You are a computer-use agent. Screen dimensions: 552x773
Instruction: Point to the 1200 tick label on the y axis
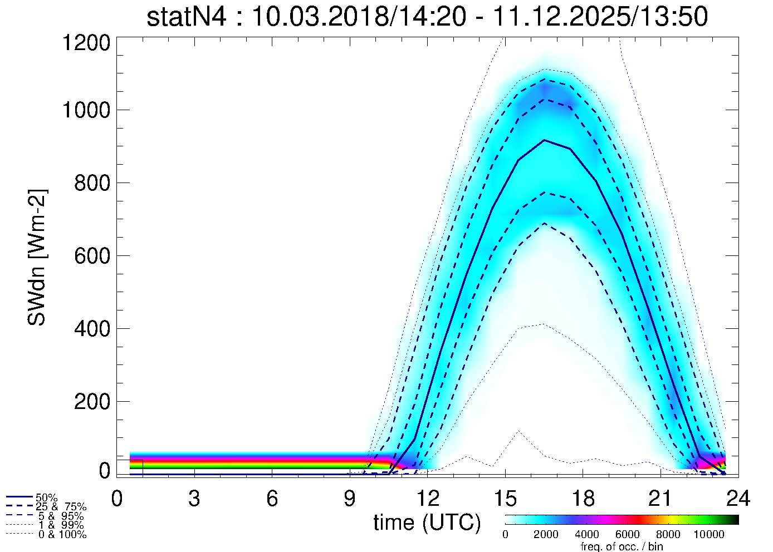86,43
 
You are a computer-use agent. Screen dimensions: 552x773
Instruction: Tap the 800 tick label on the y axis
92,183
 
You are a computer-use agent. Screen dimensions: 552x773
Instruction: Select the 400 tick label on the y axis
92,328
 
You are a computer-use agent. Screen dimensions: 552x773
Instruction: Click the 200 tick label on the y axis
92,401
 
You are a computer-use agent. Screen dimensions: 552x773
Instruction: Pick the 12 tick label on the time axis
428,499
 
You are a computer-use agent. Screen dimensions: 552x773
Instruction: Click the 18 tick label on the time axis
583,499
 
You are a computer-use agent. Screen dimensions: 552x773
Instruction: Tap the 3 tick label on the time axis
194,499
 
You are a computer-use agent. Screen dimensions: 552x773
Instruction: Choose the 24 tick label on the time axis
737,499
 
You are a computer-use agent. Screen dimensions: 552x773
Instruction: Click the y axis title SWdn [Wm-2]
37,257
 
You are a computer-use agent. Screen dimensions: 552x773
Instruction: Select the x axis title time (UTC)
427,523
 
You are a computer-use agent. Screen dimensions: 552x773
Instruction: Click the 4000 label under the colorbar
586,535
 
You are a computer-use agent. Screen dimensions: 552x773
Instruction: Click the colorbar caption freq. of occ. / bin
622,546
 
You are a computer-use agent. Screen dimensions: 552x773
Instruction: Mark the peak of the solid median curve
544,140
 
